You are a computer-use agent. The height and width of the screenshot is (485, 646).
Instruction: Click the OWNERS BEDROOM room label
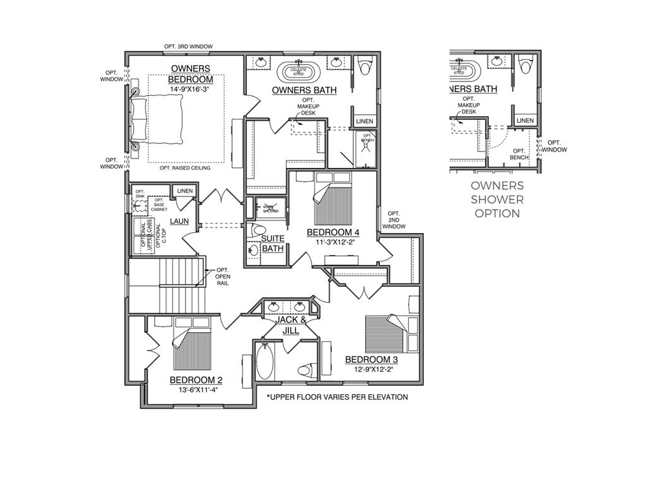pyautogui.click(x=191, y=74)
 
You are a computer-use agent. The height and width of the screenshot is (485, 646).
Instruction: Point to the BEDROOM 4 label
pyautogui.click(x=332, y=232)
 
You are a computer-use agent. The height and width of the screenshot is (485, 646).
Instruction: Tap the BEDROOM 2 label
pyautogui.click(x=196, y=380)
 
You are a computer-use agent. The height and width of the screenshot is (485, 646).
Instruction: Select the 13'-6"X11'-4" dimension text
pyautogui.click(x=196, y=390)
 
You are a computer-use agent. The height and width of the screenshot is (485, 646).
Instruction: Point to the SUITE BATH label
pyautogui.click(x=273, y=243)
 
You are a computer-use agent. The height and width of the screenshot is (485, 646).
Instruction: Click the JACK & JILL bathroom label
pyautogui.click(x=290, y=325)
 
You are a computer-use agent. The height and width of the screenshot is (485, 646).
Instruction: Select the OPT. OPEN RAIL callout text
pyautogui.click(x=223, y=277)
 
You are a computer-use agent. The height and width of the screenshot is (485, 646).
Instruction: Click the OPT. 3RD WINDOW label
pyautogui.click(x=188, y=47)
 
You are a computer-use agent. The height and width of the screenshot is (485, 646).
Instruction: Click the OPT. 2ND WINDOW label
pyautogui.click(x=394, y=220)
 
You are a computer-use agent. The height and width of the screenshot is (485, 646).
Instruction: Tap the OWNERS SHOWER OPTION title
pyautogui.click(x=497, y=200)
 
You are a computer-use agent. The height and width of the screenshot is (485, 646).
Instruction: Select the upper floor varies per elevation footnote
pyautogui.click(x=337, y=397)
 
